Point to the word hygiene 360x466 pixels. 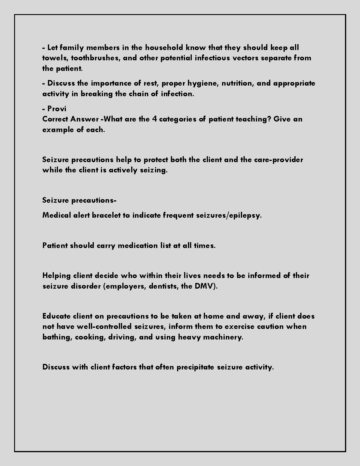tap(203, 83)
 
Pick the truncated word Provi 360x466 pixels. tap(57, 109)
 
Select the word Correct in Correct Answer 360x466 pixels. tap(55, 119)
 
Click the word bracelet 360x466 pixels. tap(106, 215)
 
